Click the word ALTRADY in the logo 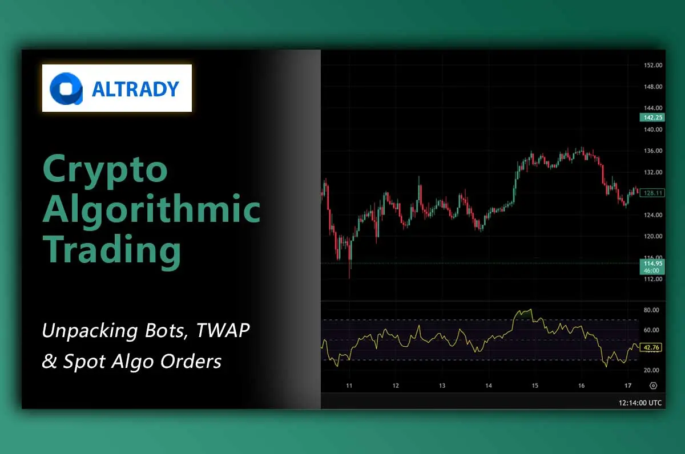(135, 89)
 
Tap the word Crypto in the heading (106, 169)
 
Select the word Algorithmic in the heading (152, 209)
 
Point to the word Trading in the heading (112, 249)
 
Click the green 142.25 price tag (652, 117)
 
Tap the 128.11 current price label (652, 193)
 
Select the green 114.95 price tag (652, 264)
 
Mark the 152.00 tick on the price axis (652, 65)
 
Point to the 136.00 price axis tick (652, 151)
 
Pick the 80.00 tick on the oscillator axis (651, 310)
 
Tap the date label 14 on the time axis (489, 386)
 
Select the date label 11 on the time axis (349, 386)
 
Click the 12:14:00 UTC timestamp (640, 403)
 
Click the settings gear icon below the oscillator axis (653, 386)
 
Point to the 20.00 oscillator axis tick (651, 370)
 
